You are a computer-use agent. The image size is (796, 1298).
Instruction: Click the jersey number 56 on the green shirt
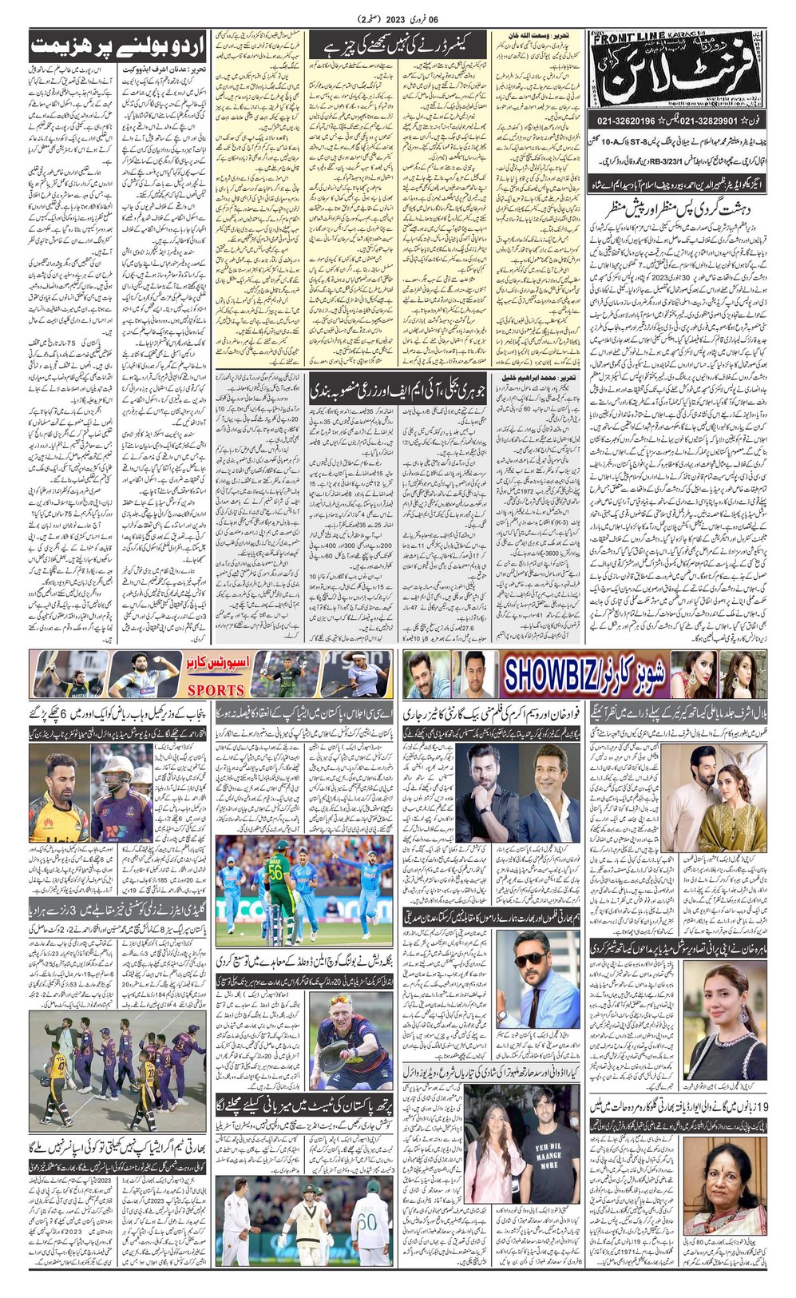(275, 872)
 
